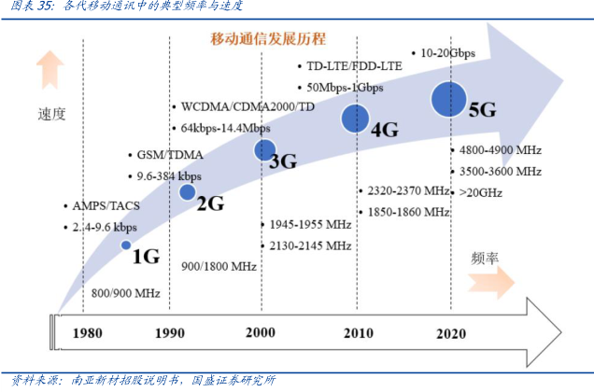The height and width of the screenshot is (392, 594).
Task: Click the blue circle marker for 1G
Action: [126, 245]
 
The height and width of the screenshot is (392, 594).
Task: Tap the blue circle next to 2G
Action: [187, 192]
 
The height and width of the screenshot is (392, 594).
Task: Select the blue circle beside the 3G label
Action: [264, 149]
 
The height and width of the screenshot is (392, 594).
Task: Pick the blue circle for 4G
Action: [354, 118]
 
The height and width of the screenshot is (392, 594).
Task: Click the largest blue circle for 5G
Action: [449, 97]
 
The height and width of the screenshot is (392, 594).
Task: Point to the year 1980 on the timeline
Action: [87, 332]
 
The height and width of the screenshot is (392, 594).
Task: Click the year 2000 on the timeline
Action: [261, 332]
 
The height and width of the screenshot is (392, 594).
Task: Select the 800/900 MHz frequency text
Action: [126, 295]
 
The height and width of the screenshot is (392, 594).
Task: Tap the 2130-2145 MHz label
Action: [310, 245]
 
